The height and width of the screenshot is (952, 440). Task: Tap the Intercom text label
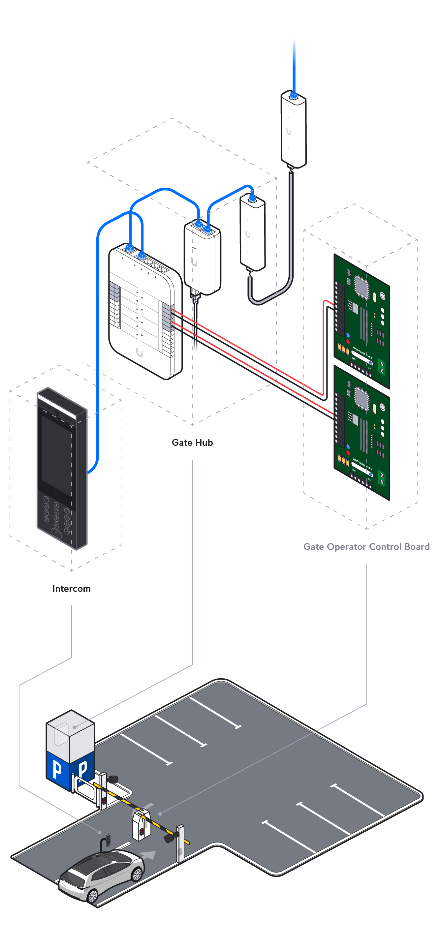(71, 588)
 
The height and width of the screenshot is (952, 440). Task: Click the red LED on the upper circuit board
(348, 341)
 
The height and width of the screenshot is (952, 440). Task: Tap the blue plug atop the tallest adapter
(294, 96)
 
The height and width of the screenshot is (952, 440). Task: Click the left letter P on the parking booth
(57, 769)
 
